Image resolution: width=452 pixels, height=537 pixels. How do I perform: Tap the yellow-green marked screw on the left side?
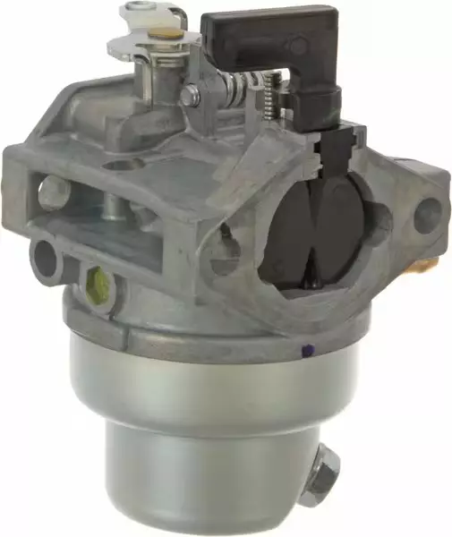99,286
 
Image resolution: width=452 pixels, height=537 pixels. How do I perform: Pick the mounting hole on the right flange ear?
428,215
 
